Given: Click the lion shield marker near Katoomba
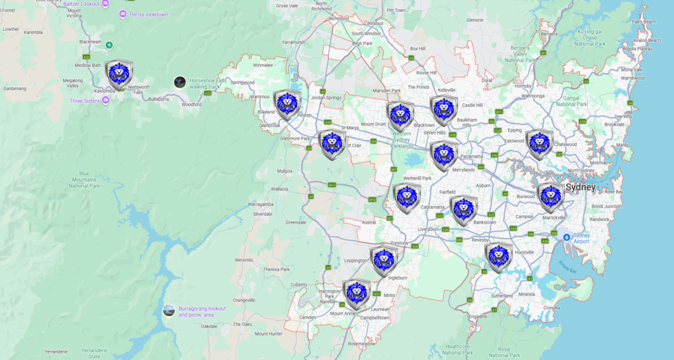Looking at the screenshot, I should click(119, 74).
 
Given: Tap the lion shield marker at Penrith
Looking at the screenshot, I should click(288, 104).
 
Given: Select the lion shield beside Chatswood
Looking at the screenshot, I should click(539, 144).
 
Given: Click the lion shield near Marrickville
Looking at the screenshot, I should click(550, 197).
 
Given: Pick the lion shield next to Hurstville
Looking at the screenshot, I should click(498, 257).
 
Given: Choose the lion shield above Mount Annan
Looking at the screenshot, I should click(356, 294).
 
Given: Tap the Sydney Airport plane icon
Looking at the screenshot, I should click(566, 236).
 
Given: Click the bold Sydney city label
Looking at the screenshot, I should click(580, 187).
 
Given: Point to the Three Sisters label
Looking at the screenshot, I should click(86, 101).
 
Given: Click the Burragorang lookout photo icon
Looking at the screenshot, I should click(169, 310).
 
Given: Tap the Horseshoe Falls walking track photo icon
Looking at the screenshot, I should click(179, 82).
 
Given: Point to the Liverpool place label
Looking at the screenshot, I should click(428, 229).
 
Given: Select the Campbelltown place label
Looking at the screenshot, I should click(375, 317).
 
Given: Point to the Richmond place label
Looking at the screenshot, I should click(338, 18).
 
